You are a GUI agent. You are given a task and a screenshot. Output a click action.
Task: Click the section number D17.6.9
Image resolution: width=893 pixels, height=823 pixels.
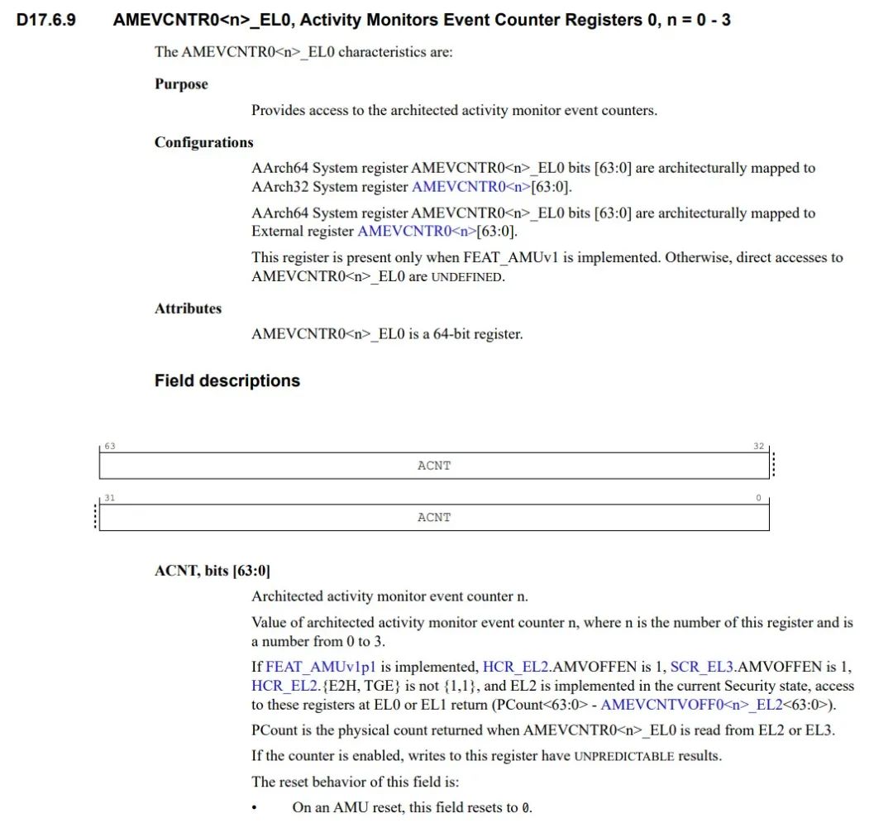(46, 19)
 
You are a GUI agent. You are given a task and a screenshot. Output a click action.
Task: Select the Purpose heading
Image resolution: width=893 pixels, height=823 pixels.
(181, 84)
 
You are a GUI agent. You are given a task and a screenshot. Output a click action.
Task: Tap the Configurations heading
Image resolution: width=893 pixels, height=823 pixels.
(203, 142)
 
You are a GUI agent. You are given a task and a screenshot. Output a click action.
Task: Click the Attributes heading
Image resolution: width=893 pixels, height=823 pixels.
(188, 309)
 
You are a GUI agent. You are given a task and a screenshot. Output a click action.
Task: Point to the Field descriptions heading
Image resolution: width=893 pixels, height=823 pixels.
(227, 381)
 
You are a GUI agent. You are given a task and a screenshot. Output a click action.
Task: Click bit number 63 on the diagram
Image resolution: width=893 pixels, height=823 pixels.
(110, 447)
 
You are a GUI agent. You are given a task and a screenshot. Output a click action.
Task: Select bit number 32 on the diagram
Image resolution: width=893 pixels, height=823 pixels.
(758, 447)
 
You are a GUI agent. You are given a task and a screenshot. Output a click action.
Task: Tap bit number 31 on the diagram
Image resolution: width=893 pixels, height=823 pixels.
(110, 498)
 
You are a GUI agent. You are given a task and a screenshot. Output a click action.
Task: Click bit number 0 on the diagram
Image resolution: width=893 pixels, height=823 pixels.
(759, 498)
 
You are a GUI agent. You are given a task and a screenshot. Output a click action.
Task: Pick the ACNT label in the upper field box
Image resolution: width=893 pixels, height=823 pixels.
(434, 466)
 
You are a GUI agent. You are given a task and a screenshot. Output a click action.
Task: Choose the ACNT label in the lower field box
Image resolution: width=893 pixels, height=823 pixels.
(434, 517)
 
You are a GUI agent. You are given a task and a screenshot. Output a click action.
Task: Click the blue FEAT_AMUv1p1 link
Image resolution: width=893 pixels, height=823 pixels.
(321, 667)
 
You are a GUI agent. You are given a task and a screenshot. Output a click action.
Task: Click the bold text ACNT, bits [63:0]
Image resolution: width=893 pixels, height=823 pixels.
(213, 571)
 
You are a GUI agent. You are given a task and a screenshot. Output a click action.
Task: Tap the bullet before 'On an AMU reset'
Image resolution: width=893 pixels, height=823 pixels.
(255, 808)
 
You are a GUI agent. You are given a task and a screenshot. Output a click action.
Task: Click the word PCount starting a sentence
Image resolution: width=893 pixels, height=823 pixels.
(273, 730)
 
